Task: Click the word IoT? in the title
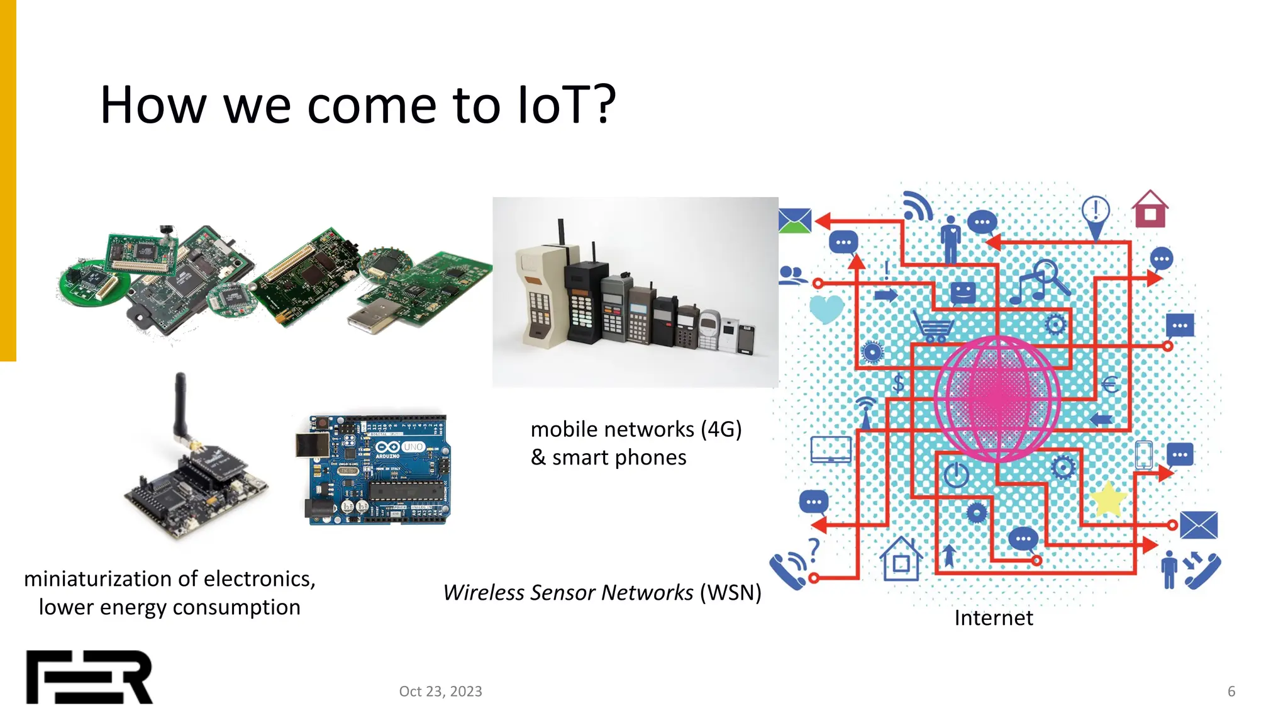[566, 105]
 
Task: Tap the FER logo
[89, 677]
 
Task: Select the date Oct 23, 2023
[440, 691]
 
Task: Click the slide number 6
[1231, 691]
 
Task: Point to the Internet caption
[993, 618]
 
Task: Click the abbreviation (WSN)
[730, 592]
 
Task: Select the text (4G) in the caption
[721, 429]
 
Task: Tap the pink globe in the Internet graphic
[997, 398]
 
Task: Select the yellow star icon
[1108, 499]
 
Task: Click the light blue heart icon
[825, 308]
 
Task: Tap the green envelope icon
[794, 221]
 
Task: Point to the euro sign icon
[1110, 383]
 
